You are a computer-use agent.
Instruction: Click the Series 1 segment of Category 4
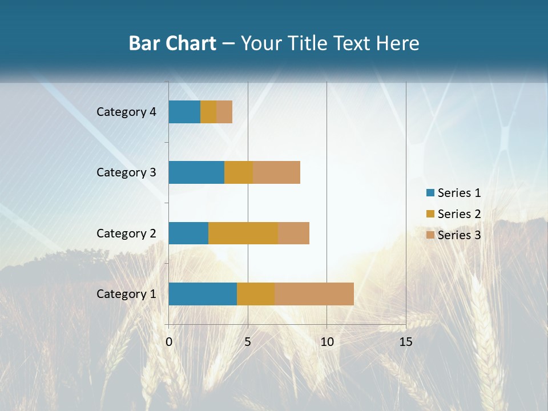(x=184, y=112)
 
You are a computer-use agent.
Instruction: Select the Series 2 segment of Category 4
(x=208, y=112)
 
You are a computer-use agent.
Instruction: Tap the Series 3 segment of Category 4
(x=224, y=112)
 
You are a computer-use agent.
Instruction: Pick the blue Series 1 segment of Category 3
(x=196, y=172)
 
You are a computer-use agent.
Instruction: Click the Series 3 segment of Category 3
(x=276, y=172)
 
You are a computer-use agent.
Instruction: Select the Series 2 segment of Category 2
(x=243, y=233)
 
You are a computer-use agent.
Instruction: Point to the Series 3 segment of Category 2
(x=293, y=233)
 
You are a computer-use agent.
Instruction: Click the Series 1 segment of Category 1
(x=203, y=294)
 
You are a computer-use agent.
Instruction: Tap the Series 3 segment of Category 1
(x=314, y=294)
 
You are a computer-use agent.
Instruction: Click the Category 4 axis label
(x=126, y=112)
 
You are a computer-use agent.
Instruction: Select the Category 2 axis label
(x=126, y=233)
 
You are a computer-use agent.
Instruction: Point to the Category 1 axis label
(x=126, y=294)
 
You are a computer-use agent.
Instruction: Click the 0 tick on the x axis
(x=169, y=342)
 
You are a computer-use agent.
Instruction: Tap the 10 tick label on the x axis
(x=327, y=342)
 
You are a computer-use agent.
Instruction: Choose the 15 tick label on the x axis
(x=405, y=342)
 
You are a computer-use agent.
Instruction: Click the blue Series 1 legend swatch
(x=430, y=193)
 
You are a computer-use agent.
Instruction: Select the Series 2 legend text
(x=459, y=214)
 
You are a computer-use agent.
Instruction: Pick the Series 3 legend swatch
(x=430, y=235)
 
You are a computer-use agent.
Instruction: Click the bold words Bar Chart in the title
(x=172, y=43)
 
